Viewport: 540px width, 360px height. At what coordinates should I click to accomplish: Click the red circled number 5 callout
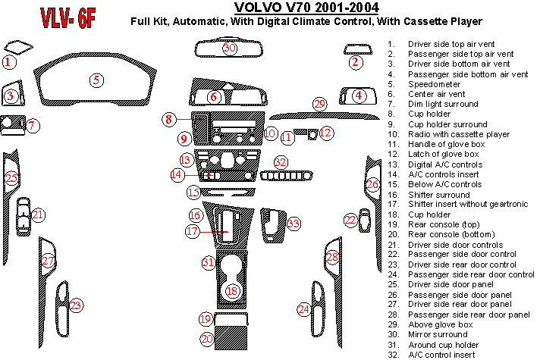click(x=96, y=80)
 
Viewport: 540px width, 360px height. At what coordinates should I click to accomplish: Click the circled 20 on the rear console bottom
click(x=206, y=339)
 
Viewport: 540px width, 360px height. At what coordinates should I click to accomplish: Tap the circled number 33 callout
click(x=293, y=224)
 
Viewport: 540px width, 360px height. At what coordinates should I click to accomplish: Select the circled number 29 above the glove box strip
click(x=319, y=104)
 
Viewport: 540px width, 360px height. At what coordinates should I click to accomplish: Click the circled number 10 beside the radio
click(x=271, y=133)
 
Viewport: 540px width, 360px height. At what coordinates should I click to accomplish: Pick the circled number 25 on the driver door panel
click(x=11, y=178)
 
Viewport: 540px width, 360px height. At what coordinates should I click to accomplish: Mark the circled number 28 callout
click(x=332, y=258)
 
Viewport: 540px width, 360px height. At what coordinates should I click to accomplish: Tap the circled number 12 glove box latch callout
click(x=326, y=133)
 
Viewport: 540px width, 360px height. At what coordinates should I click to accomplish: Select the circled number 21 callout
click(x=38, y=214)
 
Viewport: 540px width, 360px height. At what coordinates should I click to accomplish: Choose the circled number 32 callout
click(x=281, y=161)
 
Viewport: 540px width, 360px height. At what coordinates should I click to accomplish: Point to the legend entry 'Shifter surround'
click(x=438, y=195)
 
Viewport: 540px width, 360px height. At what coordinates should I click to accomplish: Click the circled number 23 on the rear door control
click(x=76, y=305)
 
